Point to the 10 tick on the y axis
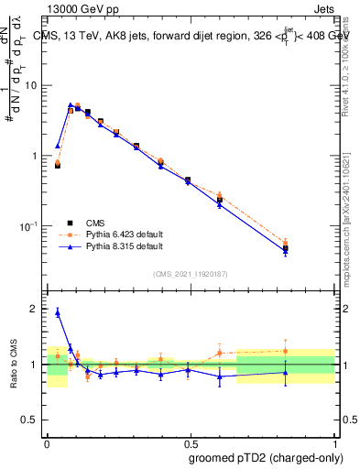pos(32,85)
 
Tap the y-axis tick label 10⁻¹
pos(30,226)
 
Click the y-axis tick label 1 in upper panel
pos(37,156)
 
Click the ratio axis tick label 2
pos(36,310)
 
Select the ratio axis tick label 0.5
pos(31,422)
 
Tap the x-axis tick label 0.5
pos(191,442)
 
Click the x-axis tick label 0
pos(47,442)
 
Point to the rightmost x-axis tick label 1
pos(334,442)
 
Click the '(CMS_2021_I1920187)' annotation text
pos(191,274)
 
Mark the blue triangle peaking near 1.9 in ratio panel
pos(58,312)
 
